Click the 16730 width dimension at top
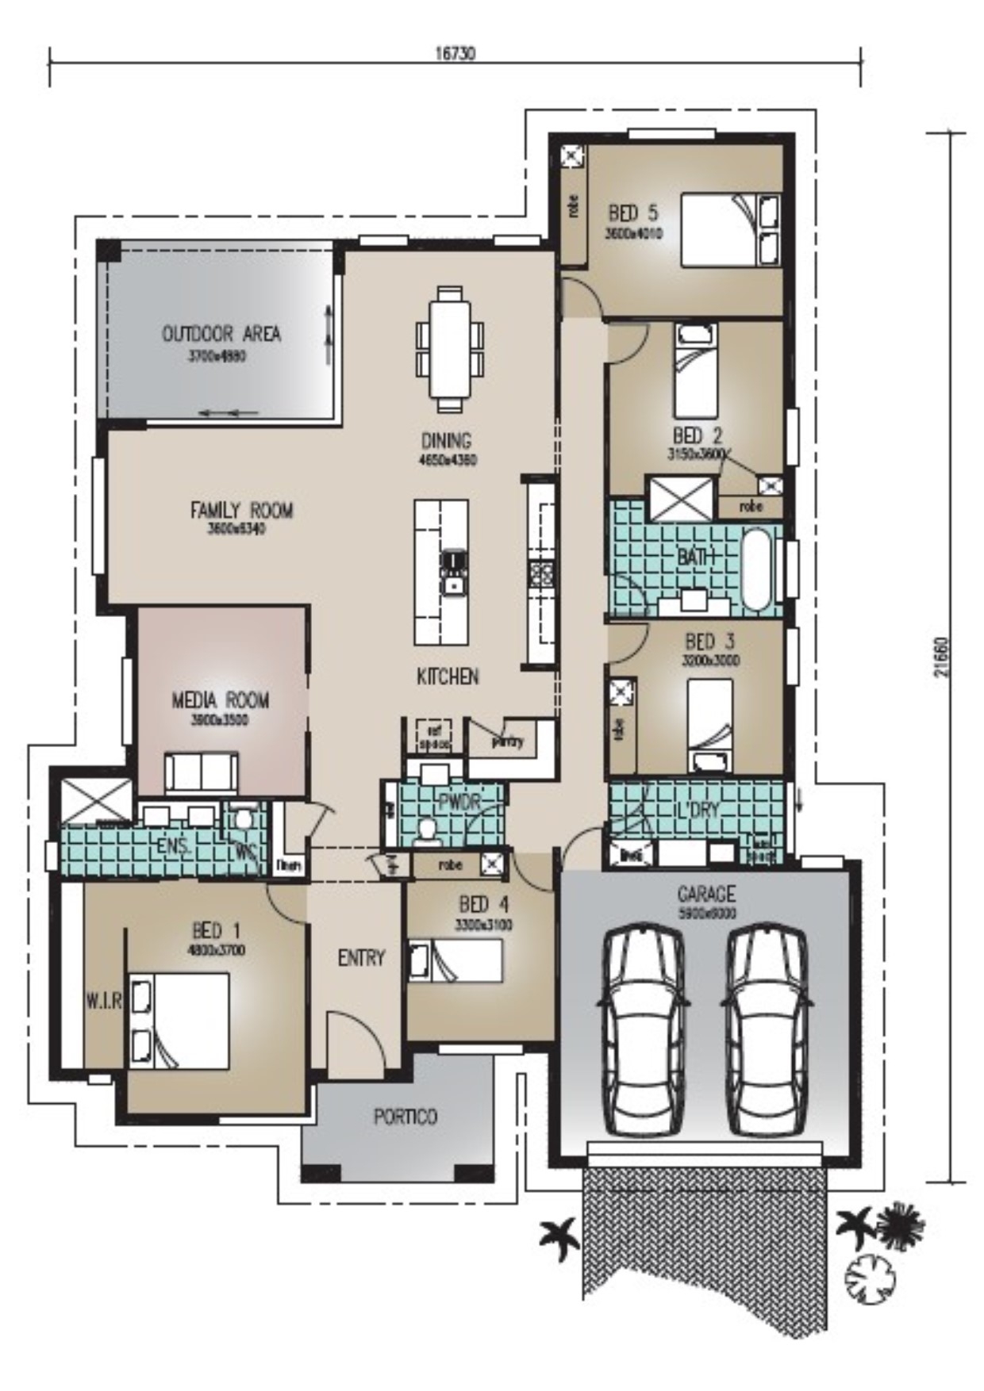point(455,54)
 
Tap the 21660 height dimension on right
point(941,657)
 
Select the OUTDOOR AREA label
point(221,334)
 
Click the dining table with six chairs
point(450,348)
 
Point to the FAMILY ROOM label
point(241,510)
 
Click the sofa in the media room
point(202,772)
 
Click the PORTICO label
point(405,1117)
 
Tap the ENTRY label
point(361,958)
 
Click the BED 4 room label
point(483,904)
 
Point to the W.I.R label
point(103,1002)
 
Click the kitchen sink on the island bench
point(453,586)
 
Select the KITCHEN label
point(448,676)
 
